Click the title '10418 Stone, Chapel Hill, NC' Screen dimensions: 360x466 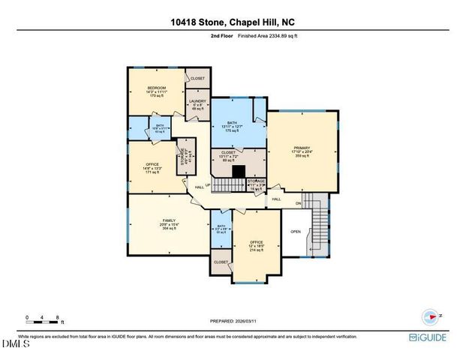[x=233, y=23]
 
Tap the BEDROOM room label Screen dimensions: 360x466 [x=156, y=88]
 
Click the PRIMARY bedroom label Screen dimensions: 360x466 [x=302, y=148]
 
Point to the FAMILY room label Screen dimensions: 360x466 [x=158, y=220]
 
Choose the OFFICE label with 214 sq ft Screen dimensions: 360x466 [x=257, y=241]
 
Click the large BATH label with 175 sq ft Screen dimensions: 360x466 [x=237, y=123]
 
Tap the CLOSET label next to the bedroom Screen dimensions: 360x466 [x=197, y=79]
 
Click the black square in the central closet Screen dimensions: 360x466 [x=238, y=172]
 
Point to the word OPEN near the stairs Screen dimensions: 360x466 [x=296, y=232]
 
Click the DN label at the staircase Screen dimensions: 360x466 [x=298, y=203]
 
